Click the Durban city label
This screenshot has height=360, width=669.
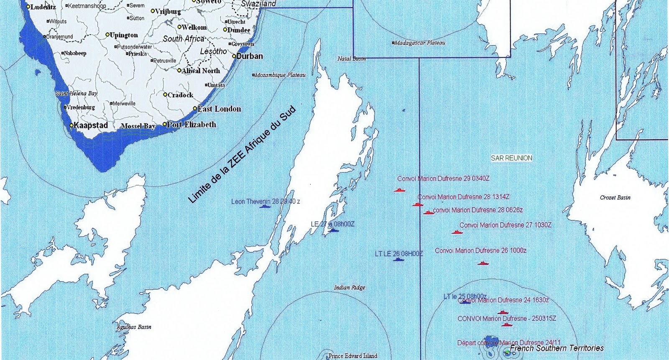pyautogui.click(x=250, y=56)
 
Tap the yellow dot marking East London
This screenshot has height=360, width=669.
pyautogui.click(x=195, y=109)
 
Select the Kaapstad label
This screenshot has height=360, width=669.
pyautogui.click(x=90, y=125)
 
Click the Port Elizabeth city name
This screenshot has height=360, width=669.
pyautogui.click(x=192, y=125)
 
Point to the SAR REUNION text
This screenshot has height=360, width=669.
pyautogui.click(x=511, y=158)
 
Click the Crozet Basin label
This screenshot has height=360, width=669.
pyautogui.click(x=615, y=197)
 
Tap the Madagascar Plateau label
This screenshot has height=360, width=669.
pyautogui.click(x=420, y=43)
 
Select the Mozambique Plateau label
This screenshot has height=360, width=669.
pyautogui.click(x=281, y=75)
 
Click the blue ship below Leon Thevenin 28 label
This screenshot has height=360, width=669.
pyautogui.click(x=265, y=206)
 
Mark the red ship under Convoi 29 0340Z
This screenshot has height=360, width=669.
pyautogui.click(x=400, y=190)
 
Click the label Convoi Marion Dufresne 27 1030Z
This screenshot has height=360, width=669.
pyautogui.click(x=505, y=225)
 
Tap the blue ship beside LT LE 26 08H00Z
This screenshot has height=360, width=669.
pyautogui.click(x=399, y=260)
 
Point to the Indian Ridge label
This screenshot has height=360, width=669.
pyautogui.click(x=350, y=288)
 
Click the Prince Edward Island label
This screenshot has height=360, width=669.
pyautogui.click(x=352, y=356)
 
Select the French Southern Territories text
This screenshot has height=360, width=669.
pyautogui.click(x=557, y=348)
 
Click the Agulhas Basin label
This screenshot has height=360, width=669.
pyautogui.click(x=134, y=327)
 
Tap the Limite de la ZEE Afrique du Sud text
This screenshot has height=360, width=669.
pyautogui.click(x=242, y=155)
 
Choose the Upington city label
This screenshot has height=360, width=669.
pyautogui.click(x=124, y=35)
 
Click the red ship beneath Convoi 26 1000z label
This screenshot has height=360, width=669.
pyautogui.click(x=483, y=263)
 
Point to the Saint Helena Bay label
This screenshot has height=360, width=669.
pyautogui.click(x=77, y=94)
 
